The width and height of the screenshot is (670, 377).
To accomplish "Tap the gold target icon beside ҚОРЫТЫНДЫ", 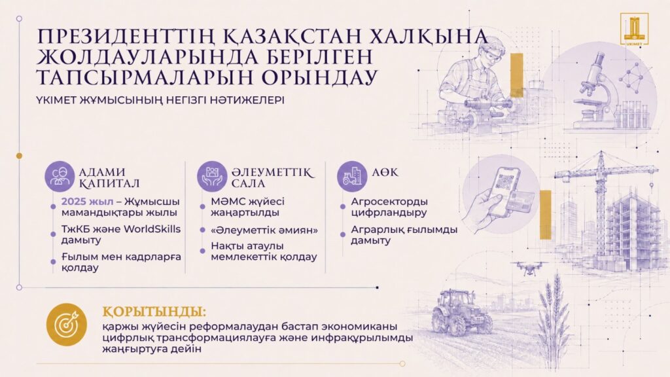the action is click(x=67, y=325).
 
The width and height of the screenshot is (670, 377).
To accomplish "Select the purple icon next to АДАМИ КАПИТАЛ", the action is click(x=60, y=176).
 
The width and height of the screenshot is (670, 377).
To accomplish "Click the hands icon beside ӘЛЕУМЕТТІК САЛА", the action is click(x=212, y=176).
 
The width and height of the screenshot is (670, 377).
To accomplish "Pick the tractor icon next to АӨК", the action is click(x=352, y=176).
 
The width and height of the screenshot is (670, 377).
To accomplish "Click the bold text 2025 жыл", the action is click(x=88, y=202).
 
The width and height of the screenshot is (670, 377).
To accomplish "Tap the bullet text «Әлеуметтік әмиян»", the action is click(x=264, y=230).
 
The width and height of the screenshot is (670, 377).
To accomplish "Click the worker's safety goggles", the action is click(x=489, y=56).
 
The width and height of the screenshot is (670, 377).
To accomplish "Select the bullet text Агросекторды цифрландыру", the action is click(x=389, y=207).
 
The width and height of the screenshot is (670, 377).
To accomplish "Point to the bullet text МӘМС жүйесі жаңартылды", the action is click(x=247, y=207).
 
